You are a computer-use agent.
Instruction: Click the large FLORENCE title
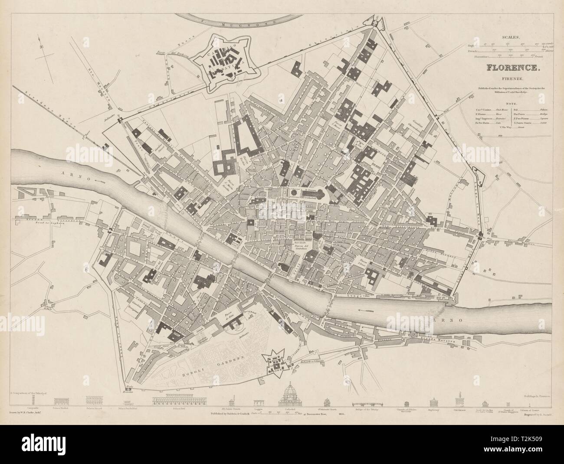(513, 68)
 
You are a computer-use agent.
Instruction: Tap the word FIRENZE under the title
(514, 79)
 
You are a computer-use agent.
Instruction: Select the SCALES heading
(513, 38)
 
